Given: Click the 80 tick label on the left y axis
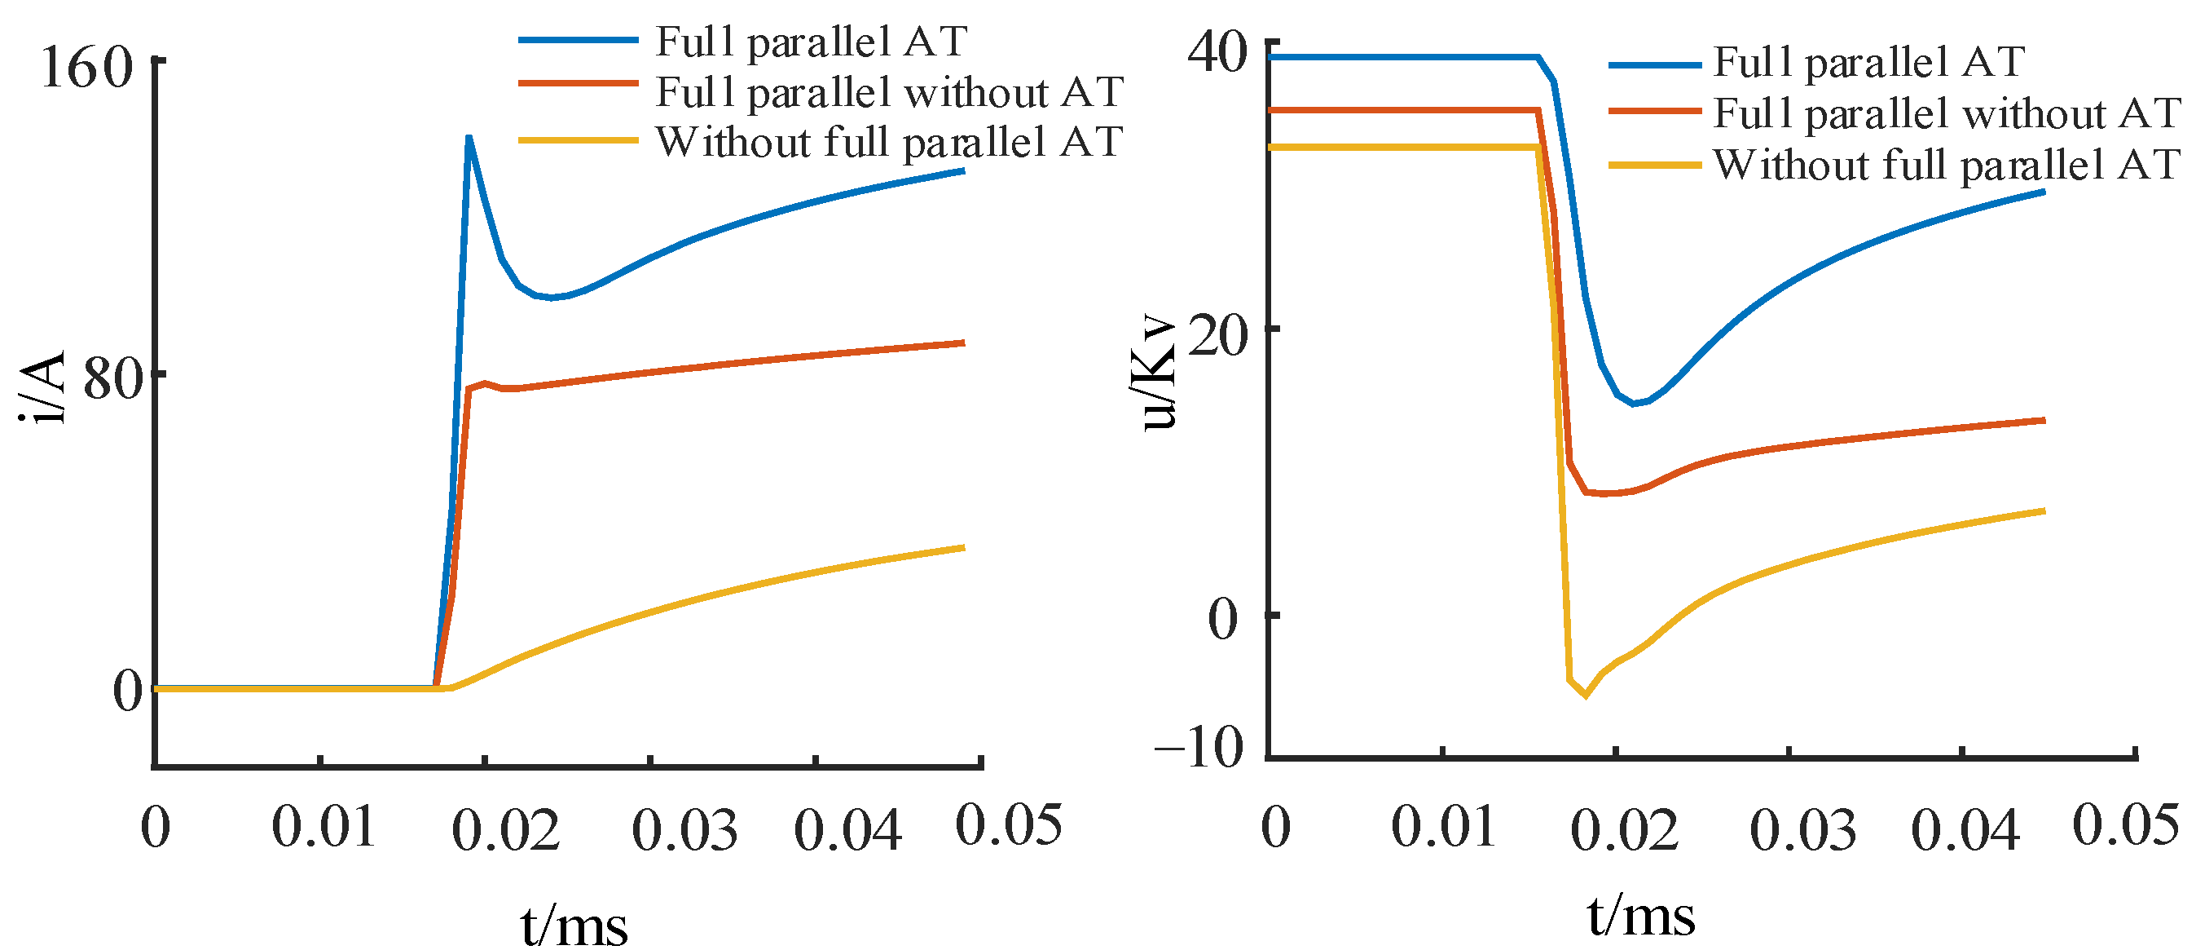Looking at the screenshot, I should pos(112,378).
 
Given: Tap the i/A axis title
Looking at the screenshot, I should pos(42,387).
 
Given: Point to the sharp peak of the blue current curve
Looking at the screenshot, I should pos(469,137).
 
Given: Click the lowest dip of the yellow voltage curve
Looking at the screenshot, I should pos(1586,696).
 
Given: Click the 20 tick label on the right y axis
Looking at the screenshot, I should pos(1217,336).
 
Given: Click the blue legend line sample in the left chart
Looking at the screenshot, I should pos(578,40).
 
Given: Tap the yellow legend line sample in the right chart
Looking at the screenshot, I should pos(1654,165).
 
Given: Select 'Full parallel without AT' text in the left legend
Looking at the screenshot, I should pos(889,92).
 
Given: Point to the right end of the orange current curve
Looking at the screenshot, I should pos(963,342).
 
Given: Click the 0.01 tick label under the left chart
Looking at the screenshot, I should pos(323,826).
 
